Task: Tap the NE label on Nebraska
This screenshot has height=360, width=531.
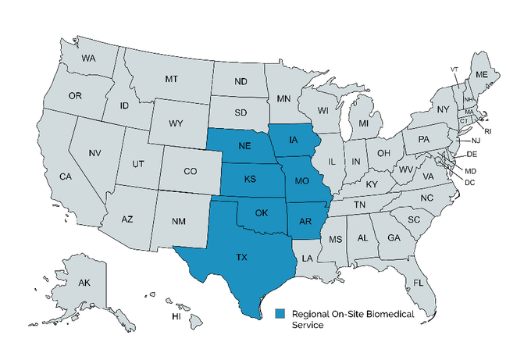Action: tap(244, 146)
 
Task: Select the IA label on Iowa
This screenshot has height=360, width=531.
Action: tap(294, 141)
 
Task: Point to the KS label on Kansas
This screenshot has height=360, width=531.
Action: tap(249, 179)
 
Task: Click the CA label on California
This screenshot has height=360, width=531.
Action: tap(66, 176)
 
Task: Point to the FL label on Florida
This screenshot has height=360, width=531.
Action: tap(419, 282)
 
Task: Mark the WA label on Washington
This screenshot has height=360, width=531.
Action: tap(88, 59)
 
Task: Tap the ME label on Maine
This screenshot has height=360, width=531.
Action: tap(482, 75)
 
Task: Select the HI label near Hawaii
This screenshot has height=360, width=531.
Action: tap(176, 316)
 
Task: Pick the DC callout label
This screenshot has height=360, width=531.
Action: tap(469, 182)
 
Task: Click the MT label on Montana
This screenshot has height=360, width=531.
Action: tap(171, 79)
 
